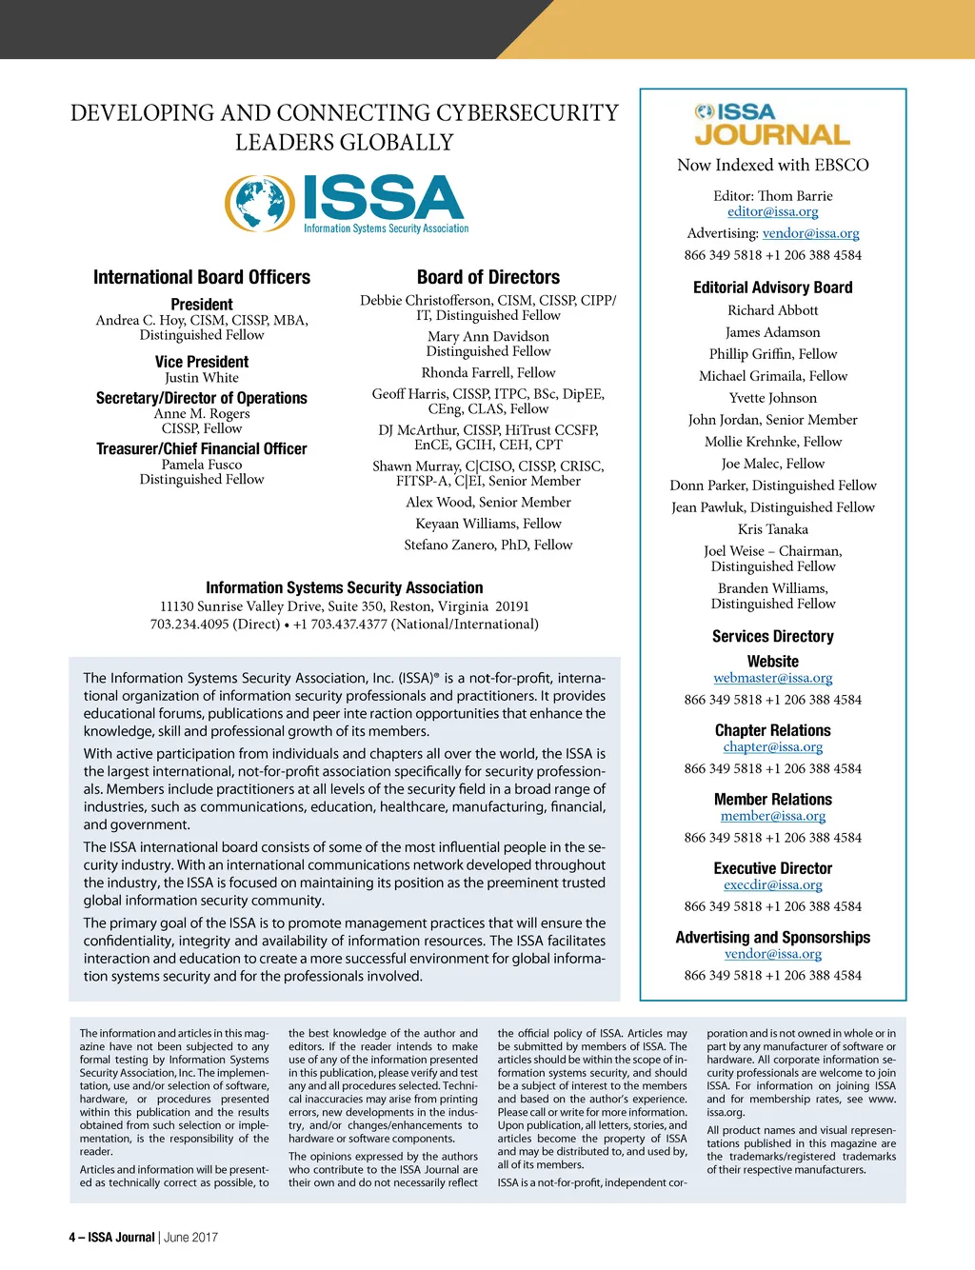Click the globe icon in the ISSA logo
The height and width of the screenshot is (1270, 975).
[x=260, y=204]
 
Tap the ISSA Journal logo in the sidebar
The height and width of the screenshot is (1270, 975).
[x=772, y=126]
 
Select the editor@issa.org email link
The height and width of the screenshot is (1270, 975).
[x=772, y=212]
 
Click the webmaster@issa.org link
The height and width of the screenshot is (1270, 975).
[x=772, y=678]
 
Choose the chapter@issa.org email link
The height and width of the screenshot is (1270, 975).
[x=772, y=747]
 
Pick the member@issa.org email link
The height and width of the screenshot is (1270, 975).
[x=772, y=816]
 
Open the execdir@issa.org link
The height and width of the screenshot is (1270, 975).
[x=772, y=884]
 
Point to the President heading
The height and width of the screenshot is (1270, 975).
[x=202, y=305]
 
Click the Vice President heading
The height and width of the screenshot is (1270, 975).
[x=202, y=362]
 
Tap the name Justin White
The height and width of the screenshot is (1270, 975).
[x=202, y=378]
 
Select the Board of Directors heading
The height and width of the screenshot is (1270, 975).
[x=488, y=277]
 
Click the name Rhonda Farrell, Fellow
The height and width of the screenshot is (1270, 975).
[x=488, y=373]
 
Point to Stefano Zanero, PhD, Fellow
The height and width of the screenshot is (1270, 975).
[x=488, y=546]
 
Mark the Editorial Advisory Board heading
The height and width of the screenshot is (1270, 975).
[x=772, y=288]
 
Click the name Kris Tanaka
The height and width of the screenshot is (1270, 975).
[x=772, y=529]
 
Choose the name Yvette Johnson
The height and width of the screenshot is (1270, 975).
[x=772, y=398]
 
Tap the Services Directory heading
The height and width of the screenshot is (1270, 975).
[x=772, y=636]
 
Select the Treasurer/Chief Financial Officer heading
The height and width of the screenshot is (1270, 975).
[x=202, y=448]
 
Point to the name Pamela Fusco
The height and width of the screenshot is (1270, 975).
[x=202, y=465]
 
